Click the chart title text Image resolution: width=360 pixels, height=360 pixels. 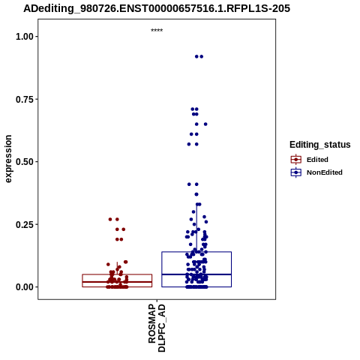point(157,8)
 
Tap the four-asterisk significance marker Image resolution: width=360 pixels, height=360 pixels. point(157,30)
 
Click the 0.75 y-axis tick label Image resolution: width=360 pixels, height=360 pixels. point(25,99)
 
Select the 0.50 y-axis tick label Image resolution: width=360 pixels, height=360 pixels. point(25,162)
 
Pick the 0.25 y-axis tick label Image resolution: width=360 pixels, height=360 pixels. point(25,224)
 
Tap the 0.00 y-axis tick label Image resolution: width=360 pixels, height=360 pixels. point(25,287)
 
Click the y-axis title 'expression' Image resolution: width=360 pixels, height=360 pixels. point(8,159)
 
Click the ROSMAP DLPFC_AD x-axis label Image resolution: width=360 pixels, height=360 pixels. point(157,328)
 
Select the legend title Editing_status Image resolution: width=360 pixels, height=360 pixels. point(320,145)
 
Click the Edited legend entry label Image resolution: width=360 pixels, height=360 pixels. point(317,160)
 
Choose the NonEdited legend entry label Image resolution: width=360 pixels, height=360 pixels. point(325,172)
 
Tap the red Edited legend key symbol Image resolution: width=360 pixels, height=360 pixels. point(296,160)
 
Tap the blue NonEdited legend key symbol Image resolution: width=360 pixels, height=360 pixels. point(296,172)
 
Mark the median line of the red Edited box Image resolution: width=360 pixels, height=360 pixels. point(117,282)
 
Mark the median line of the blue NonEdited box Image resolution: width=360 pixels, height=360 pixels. point(196,274)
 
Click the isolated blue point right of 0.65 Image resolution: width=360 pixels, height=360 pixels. point(205,124)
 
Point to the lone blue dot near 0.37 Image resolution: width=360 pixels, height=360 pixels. point(196,194)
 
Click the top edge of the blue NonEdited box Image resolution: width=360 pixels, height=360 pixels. point(196,252)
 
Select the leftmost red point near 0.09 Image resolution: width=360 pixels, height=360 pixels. point(108,264)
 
